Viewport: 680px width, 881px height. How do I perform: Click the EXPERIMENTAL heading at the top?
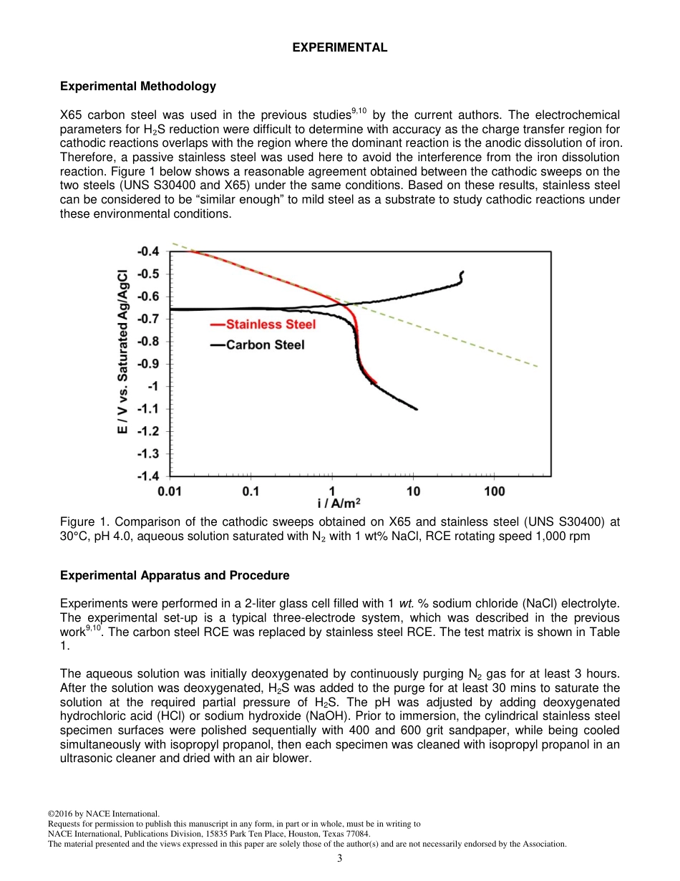click(x=340, y=48)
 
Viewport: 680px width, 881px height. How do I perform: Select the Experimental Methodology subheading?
click(x=137, y=87)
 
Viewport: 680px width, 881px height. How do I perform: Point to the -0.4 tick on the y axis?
click(x=150, y=251)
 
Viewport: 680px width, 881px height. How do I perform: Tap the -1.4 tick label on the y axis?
click(x=150, y=476)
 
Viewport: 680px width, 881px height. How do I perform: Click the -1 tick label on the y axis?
click(x=155, y=387)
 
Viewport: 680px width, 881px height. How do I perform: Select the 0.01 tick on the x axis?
click(x=170, y=491)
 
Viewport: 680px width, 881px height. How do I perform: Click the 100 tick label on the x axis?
click(x=494, y=491)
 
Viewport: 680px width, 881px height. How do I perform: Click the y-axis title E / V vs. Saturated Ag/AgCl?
click(x=122, y=351)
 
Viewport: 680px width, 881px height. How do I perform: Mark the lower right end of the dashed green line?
click(x=538, y=366)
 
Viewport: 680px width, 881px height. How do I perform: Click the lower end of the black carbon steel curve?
click(x=417, y=409)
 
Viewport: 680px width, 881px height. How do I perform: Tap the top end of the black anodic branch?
click(x=462, y=272)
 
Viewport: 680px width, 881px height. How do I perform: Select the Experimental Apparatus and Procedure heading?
click(x=175, y=576)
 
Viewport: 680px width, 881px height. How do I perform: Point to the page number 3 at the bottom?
click(x=339, y=859)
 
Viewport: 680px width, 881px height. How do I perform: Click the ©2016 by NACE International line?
click(x=103, y=814)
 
